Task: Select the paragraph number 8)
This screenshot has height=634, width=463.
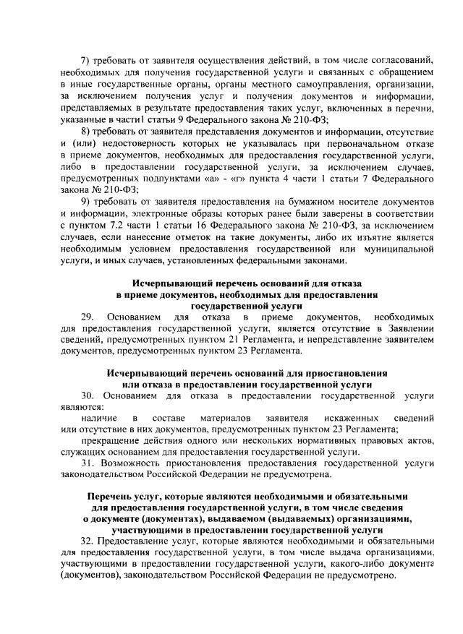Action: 85,131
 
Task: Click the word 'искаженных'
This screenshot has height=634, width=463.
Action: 354,419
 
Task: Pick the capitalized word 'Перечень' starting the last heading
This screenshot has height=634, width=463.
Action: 109,498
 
